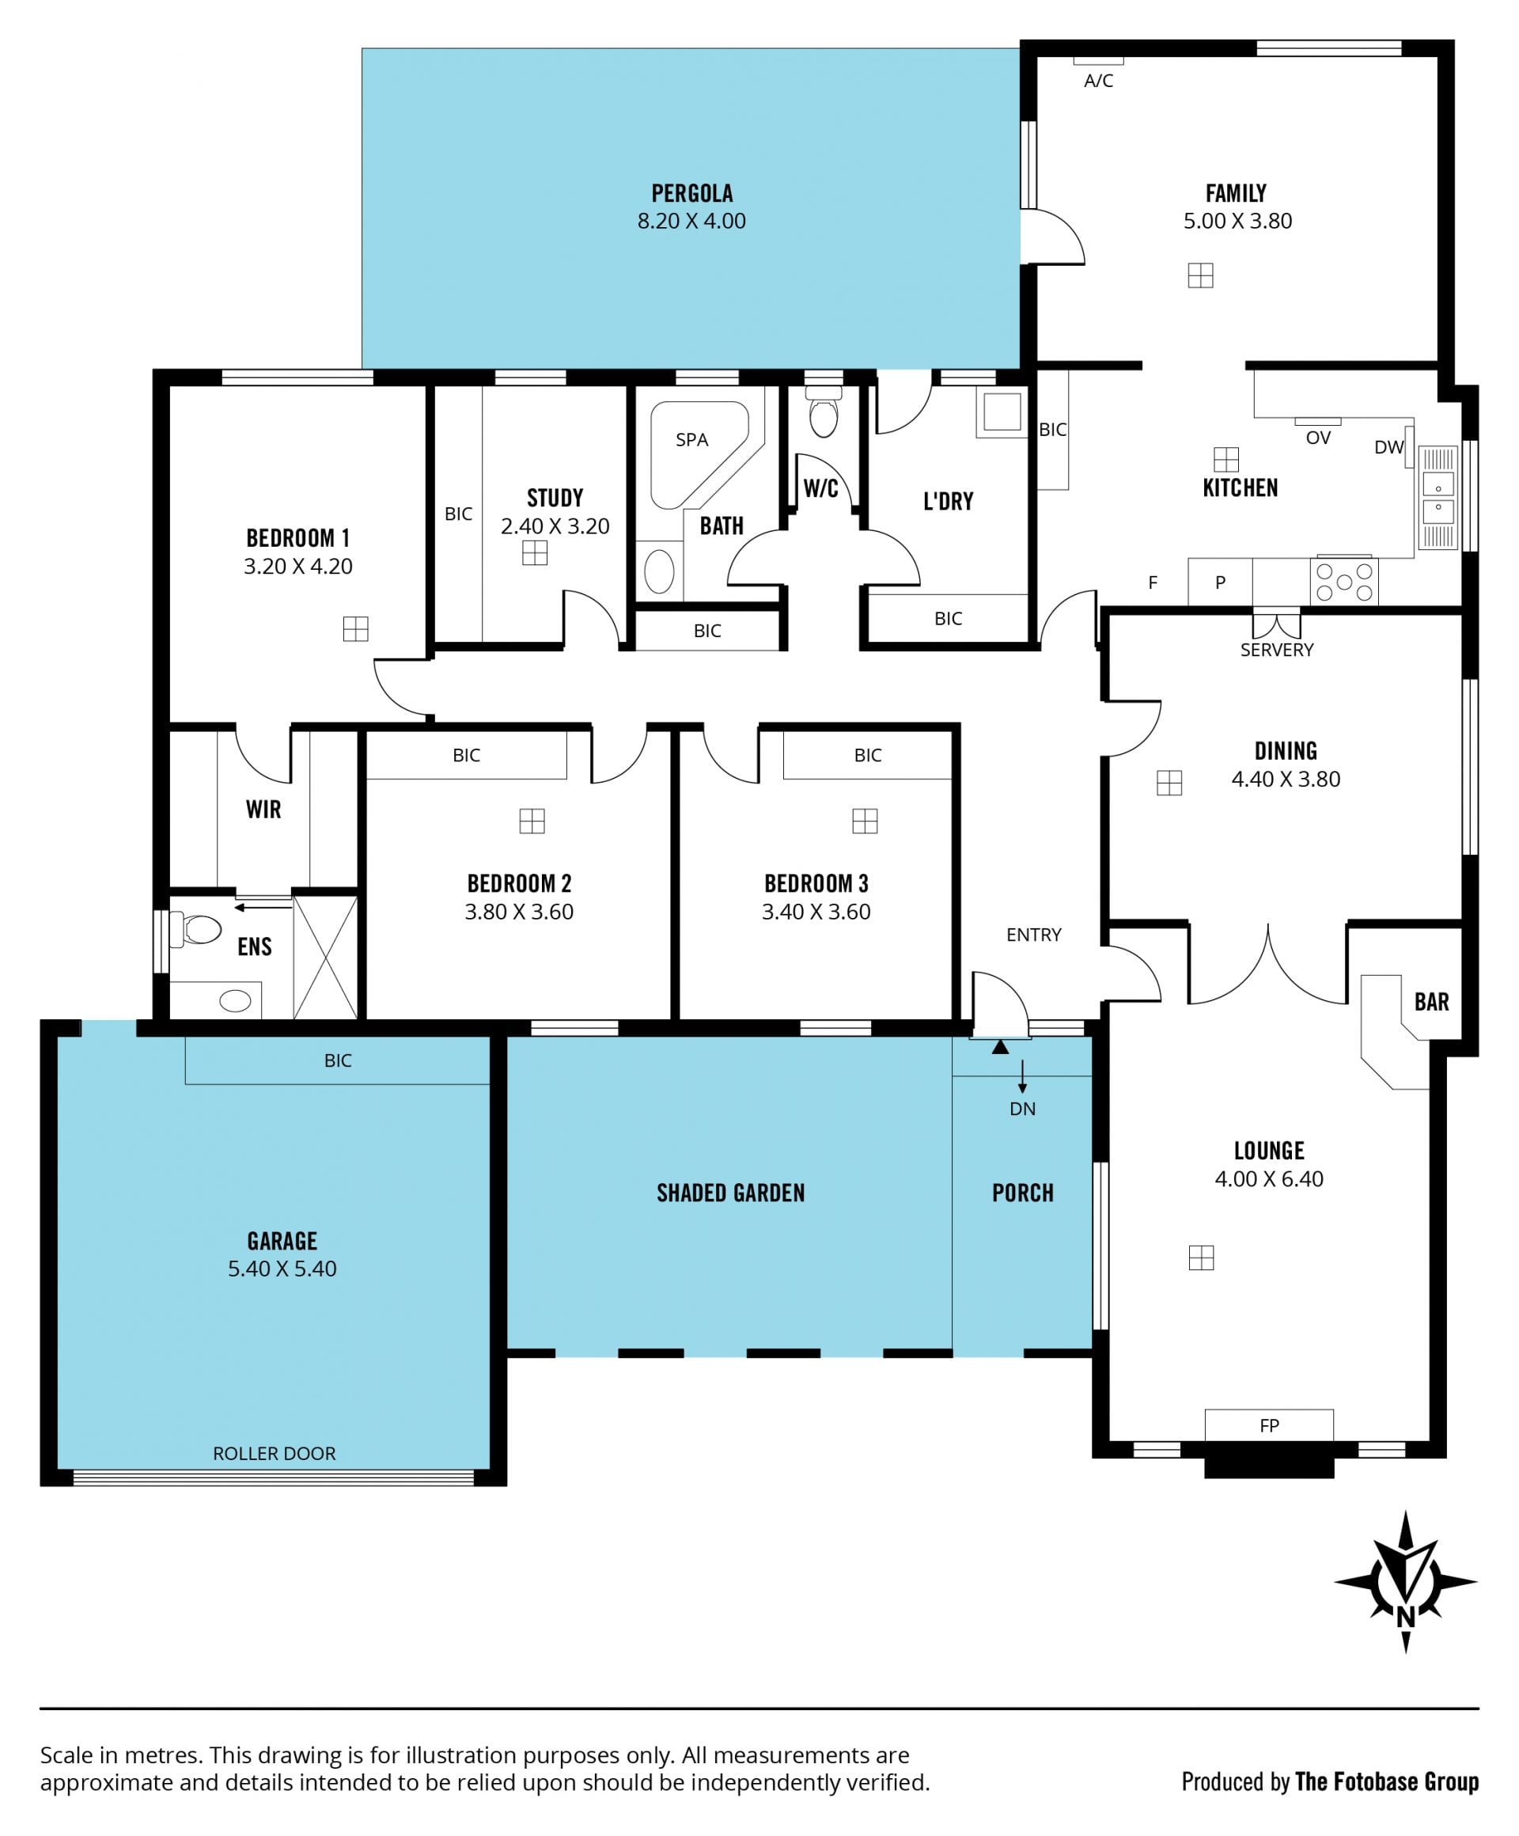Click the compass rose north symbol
pyautogui.click(x=1404, y=1582)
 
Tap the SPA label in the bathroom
pyautogui.click(x=691, y=440)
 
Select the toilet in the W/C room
pyautogui.click(x=824, y=412)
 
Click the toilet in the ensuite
pyautogui.click(x=197, y=929)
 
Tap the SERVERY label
pyautogui.click(x=1276, y=650)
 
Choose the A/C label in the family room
pyautogui.click(x=1099, y=82)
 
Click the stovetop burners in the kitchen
pyautogui.click(x=1344, y=582)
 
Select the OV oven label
pyautogui.click(x=1318, y=438)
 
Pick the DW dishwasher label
pyautogui.click(x=1388, y=448)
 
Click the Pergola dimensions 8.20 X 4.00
pyautogui.click(x=691, y=222)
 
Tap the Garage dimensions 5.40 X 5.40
pyautogui.click(x=282, y=1269)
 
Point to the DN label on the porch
pyautogui.click(x=1023, y=1110)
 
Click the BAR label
pyautogui.click(x=1432, y=1002)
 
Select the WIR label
pyautogui.click(x=264, y=810)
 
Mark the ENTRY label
pyautogui.click(x=1034, y=935)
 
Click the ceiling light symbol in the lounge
pyautogui.click(x=1202, y=1258)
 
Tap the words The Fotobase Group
pyautogui.click(x=1387, y=1782)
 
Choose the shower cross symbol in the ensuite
pyautogui.click(x=325, y=958)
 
